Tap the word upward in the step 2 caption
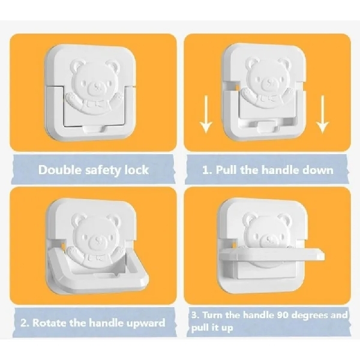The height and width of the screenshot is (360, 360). pos(142,323)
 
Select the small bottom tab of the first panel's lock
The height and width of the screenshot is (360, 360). pos(93,128)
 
